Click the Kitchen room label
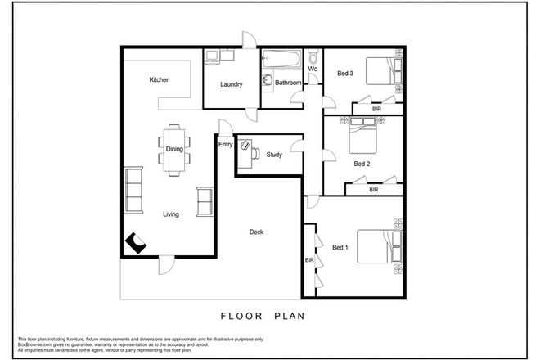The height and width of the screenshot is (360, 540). click(159, 80)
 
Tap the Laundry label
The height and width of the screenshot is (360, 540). click(232, 83)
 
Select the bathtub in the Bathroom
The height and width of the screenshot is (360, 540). click(281, 60)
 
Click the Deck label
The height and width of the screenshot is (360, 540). click(256, 232)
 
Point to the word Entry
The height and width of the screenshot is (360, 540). click(225, 145)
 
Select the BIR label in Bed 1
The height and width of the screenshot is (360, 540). click(309, 260)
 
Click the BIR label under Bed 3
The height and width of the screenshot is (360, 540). click(376, 108)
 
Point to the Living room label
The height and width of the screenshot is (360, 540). click(170, 214)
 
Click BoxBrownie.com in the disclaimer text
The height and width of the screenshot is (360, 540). click(34, 344)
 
